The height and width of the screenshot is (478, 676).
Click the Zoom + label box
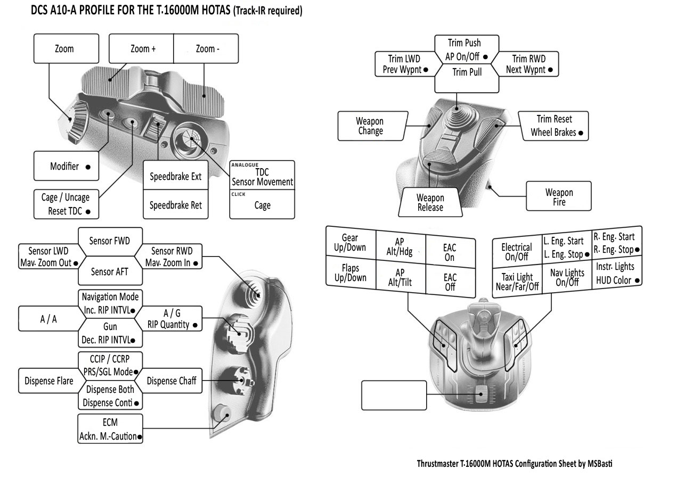coord(142,49)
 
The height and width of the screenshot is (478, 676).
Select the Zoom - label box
coord(206,49)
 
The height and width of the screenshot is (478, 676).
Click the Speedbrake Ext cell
coord(175,176)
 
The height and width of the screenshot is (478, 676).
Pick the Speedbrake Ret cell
coord(175,205)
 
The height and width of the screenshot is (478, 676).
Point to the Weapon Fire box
coord(559,197)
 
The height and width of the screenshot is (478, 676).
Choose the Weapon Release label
coord(430,203)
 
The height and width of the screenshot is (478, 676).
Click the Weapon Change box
coord(370,126)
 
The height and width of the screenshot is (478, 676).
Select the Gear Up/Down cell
coord(350,243)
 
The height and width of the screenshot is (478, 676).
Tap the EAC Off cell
coord(450,282)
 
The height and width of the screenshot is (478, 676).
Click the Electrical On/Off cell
coord(516,251)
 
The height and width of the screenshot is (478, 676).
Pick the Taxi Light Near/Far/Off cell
coord(516,282)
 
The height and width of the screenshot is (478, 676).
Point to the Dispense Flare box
coord(48,381)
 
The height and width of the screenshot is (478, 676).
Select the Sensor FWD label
coord(109,241)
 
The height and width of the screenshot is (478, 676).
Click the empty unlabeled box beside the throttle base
coord(394,397)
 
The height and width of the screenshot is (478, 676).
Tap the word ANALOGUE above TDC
coord(245,165)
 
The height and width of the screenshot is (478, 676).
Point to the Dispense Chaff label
coord(172,381)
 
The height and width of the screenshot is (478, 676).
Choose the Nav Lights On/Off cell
coord(567,277)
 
